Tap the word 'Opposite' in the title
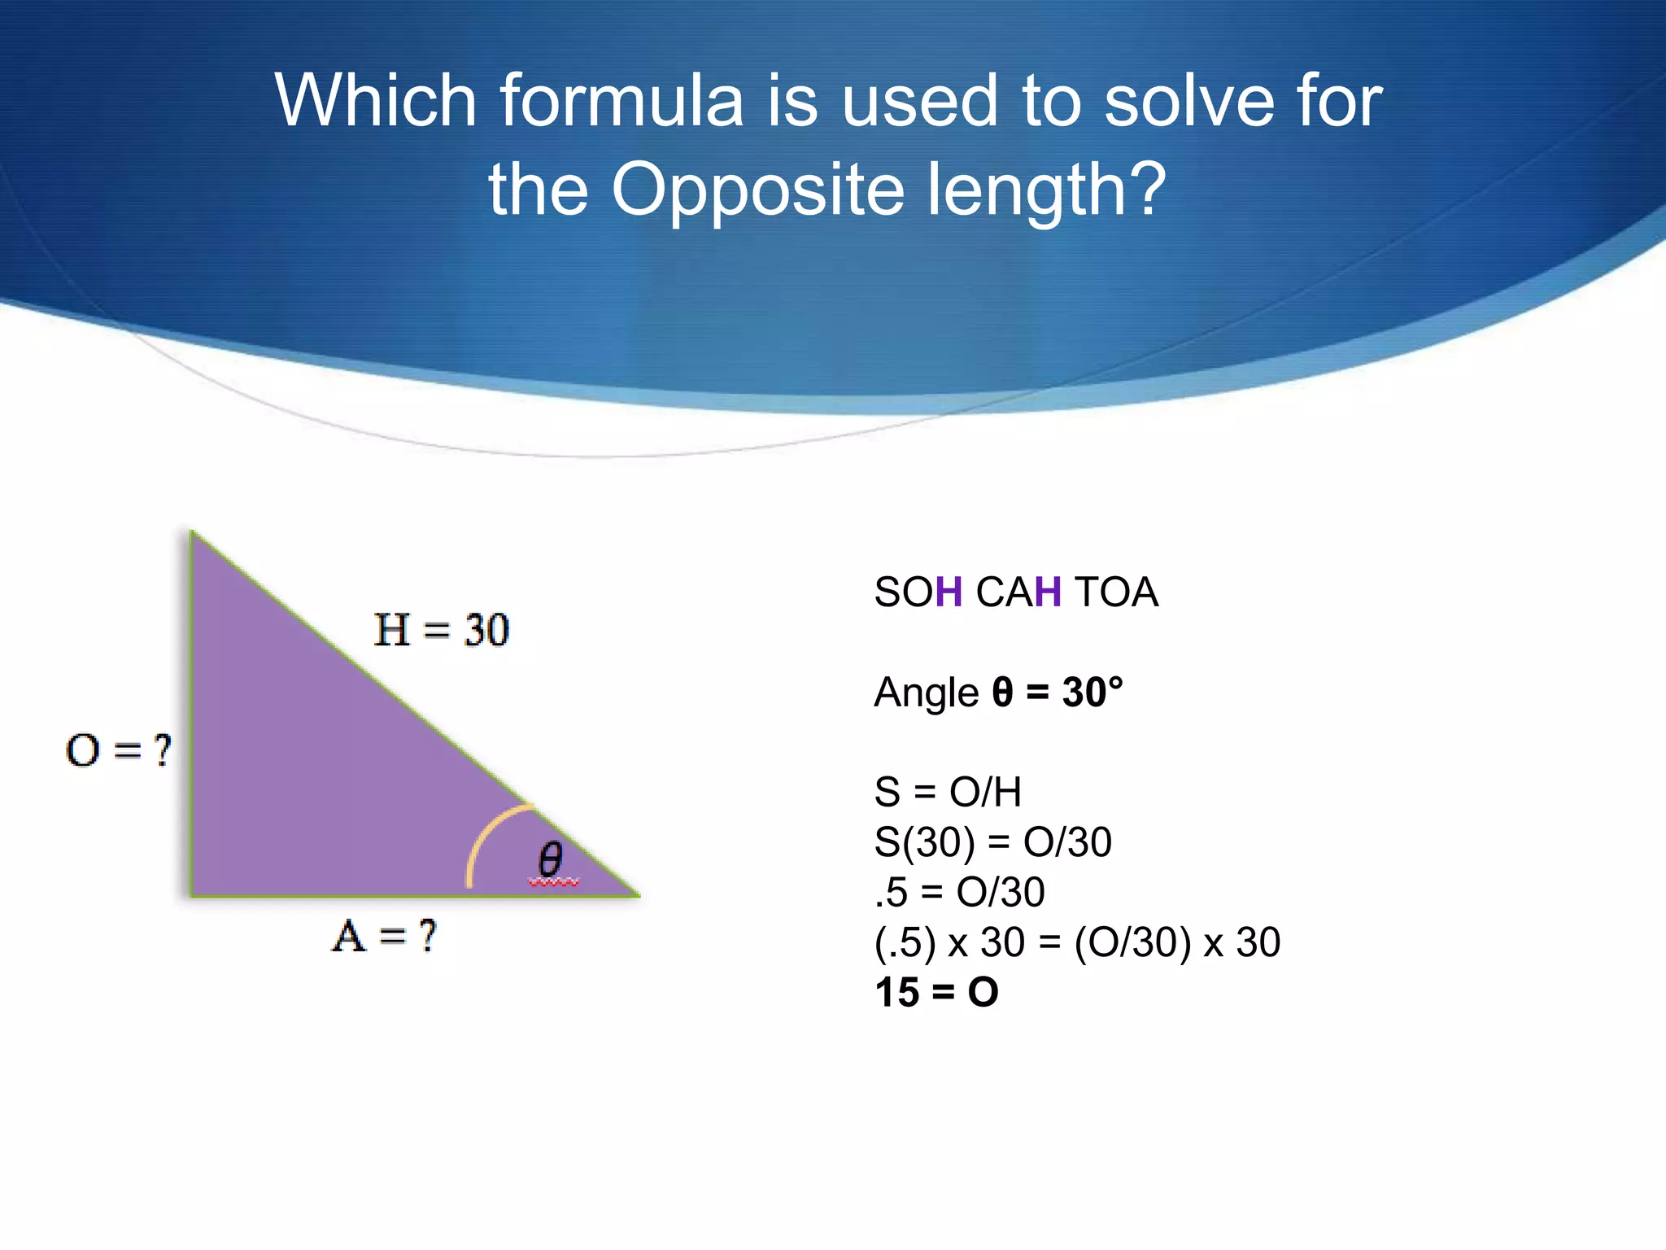757,191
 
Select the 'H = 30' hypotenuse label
442,630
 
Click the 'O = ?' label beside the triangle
119,750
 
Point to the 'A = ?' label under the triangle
384,936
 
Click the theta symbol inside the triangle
551,860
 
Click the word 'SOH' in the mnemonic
918,592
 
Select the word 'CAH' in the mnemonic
1018,592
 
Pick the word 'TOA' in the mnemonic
1116,592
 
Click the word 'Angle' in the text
926,693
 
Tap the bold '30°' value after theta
1092,693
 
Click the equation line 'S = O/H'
948,792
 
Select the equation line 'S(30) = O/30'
992,842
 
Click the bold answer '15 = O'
936,993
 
